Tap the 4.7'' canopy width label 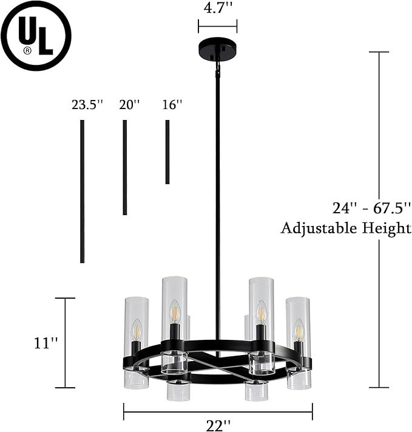[x=217, y=8]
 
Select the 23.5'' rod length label [x=87, y=105]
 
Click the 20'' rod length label [x=129, y=105]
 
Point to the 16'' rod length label [x=172, y=105]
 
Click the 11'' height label [x=46, y=344]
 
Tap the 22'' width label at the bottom [x=218, y=426]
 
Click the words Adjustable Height [x=346, y=228]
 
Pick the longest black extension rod [x=82, y=191]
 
